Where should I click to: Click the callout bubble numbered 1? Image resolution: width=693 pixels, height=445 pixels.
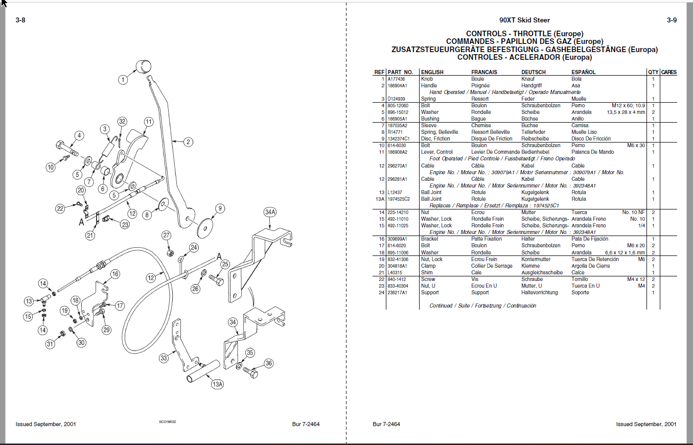123,80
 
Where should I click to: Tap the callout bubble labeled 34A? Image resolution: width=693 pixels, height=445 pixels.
270,212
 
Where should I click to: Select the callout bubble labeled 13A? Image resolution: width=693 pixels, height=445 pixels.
217,384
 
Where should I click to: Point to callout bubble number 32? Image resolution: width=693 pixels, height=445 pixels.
122,122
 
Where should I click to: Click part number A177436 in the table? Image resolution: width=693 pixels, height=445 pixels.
396,79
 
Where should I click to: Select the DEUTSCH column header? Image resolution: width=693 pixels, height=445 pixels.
533,72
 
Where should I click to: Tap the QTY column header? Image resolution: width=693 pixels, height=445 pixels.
653,72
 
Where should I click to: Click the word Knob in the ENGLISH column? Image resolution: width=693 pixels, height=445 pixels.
427,79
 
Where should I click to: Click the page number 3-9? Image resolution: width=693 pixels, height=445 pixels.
672,20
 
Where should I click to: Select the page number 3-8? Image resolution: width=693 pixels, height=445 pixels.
20,20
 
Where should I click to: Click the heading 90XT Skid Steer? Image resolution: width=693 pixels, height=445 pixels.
525,20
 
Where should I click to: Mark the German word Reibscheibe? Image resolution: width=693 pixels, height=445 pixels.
534,139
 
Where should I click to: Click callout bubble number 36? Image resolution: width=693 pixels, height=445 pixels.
269,363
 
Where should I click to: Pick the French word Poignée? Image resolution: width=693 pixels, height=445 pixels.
480,86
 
